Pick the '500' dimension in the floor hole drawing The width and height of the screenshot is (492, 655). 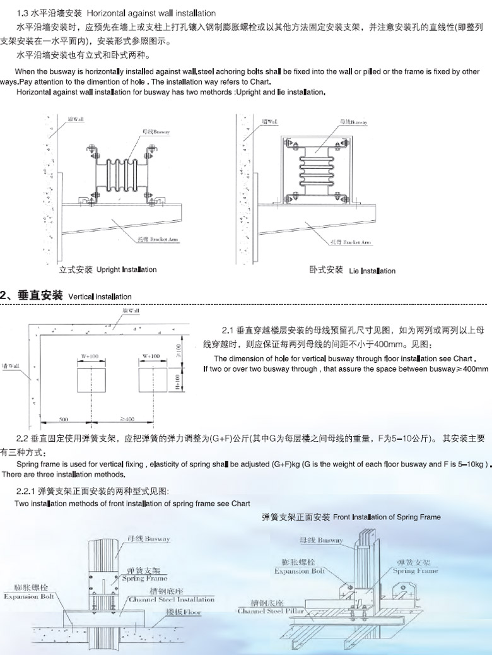click(x=64, y=418)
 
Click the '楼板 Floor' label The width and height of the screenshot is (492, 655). click(x=184, y=612)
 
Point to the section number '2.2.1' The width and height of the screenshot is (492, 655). click(x=26, y=490)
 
